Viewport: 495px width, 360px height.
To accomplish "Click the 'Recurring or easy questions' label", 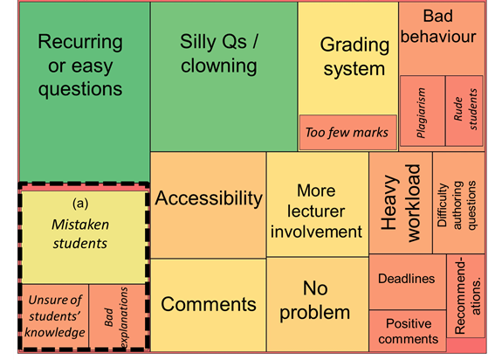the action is click(x=80, y=65).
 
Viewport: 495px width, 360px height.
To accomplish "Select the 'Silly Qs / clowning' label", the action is click(x=219, y=53).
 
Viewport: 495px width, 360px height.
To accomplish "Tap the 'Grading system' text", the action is click(x=354, y=57).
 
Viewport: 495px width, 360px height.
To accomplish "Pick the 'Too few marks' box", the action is click(x=347, y=133).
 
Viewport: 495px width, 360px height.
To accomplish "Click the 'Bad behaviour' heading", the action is click(x=438, y=26).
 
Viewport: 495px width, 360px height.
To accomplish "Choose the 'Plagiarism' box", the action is click(x=423, y=111).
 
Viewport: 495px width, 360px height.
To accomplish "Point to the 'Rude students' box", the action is click(x=464, y=111).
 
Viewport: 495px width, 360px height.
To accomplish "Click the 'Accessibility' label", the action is click(x=209, y=198).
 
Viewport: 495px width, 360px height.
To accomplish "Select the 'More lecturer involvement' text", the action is click(x=316, y=211).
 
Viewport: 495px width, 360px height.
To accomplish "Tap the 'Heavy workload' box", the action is click(x=401, y=203).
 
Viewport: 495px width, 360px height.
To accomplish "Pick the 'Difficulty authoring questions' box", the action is click(x=458, y=203).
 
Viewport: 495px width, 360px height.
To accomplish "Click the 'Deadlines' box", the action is click(x=408, y=282).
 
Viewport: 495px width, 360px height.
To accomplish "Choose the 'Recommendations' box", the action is click(x=466, y=296).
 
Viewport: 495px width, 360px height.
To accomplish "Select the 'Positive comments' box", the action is click(x=408, y=330).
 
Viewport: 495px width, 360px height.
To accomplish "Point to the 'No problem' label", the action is click(x=315, y=301).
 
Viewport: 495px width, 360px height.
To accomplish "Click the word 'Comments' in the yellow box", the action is click(x=209, y=304).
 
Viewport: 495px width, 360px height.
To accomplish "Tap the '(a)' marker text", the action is click(x=80, y=204).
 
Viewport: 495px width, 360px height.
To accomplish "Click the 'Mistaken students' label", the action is click(x=80, y=234).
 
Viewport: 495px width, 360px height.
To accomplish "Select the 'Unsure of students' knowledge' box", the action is click(x=55, y=316).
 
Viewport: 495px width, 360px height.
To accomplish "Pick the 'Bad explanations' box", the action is click(x=117, y=316).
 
